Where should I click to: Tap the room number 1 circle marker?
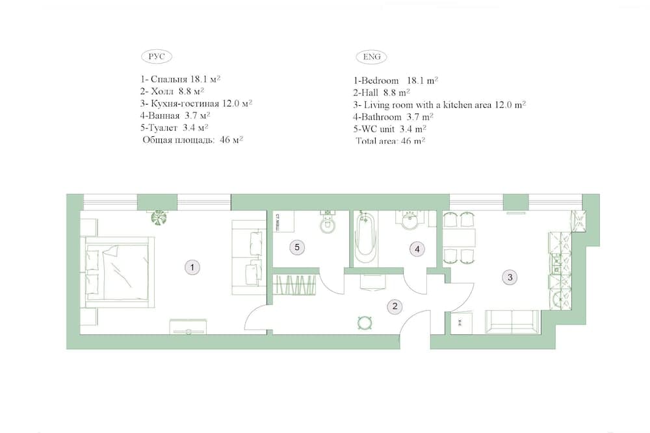191,266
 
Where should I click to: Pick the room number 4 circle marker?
417,249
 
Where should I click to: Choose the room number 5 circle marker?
296,247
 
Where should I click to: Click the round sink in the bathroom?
409,223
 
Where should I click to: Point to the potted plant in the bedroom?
158,217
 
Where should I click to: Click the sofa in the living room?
512,321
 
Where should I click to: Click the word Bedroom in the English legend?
380,80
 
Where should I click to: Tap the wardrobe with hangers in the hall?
296,286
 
